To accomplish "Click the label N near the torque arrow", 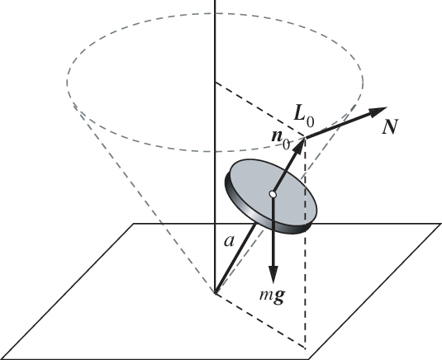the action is click(391, 127).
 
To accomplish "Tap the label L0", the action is click(303, 116).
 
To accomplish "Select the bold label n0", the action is click(280, 140).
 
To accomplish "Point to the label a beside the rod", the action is click(229, 241).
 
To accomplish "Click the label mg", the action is click(272, 296).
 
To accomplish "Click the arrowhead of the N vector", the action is click(378, 111).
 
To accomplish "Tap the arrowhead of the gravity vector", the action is click(273, 274).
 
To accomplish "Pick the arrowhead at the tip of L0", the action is click(299, 144).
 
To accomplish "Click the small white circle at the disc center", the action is click(273, 194).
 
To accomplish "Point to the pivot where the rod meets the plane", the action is click(215, 293).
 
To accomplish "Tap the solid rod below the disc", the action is click(236, 258).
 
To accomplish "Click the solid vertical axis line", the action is click(215, 146).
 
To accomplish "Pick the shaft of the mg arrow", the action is click(273, 231).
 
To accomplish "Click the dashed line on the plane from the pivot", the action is click(260, 321).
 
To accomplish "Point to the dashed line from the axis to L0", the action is click(260, 110).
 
